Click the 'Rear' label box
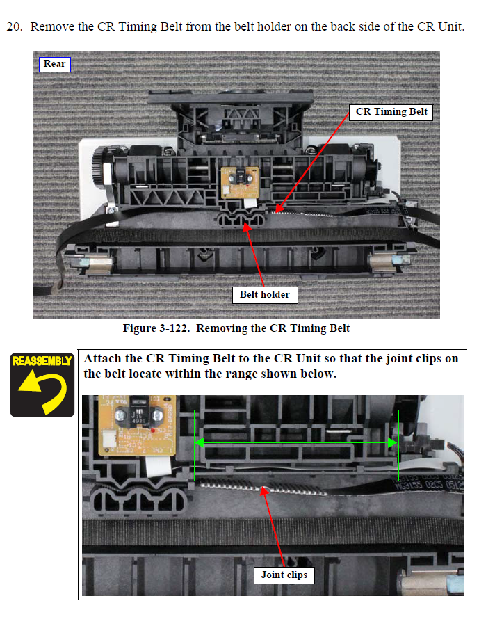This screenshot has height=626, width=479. (55, 64)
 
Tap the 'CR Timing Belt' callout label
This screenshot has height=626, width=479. (391, 112)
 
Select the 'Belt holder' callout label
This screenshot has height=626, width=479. (265, 295)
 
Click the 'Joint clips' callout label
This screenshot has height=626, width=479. (284, 575)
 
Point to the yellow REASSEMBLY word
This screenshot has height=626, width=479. (42, 361)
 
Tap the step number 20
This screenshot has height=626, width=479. (14, 26)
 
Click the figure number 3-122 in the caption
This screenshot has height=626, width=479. (173, 328)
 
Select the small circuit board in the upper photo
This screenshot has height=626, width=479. (239, 182)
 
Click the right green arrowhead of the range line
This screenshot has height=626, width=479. (393, 442)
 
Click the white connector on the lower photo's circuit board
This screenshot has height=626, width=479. (109, 438)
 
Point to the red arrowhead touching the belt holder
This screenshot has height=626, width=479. (247, 226)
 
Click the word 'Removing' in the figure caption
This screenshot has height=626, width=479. (222, 328)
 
